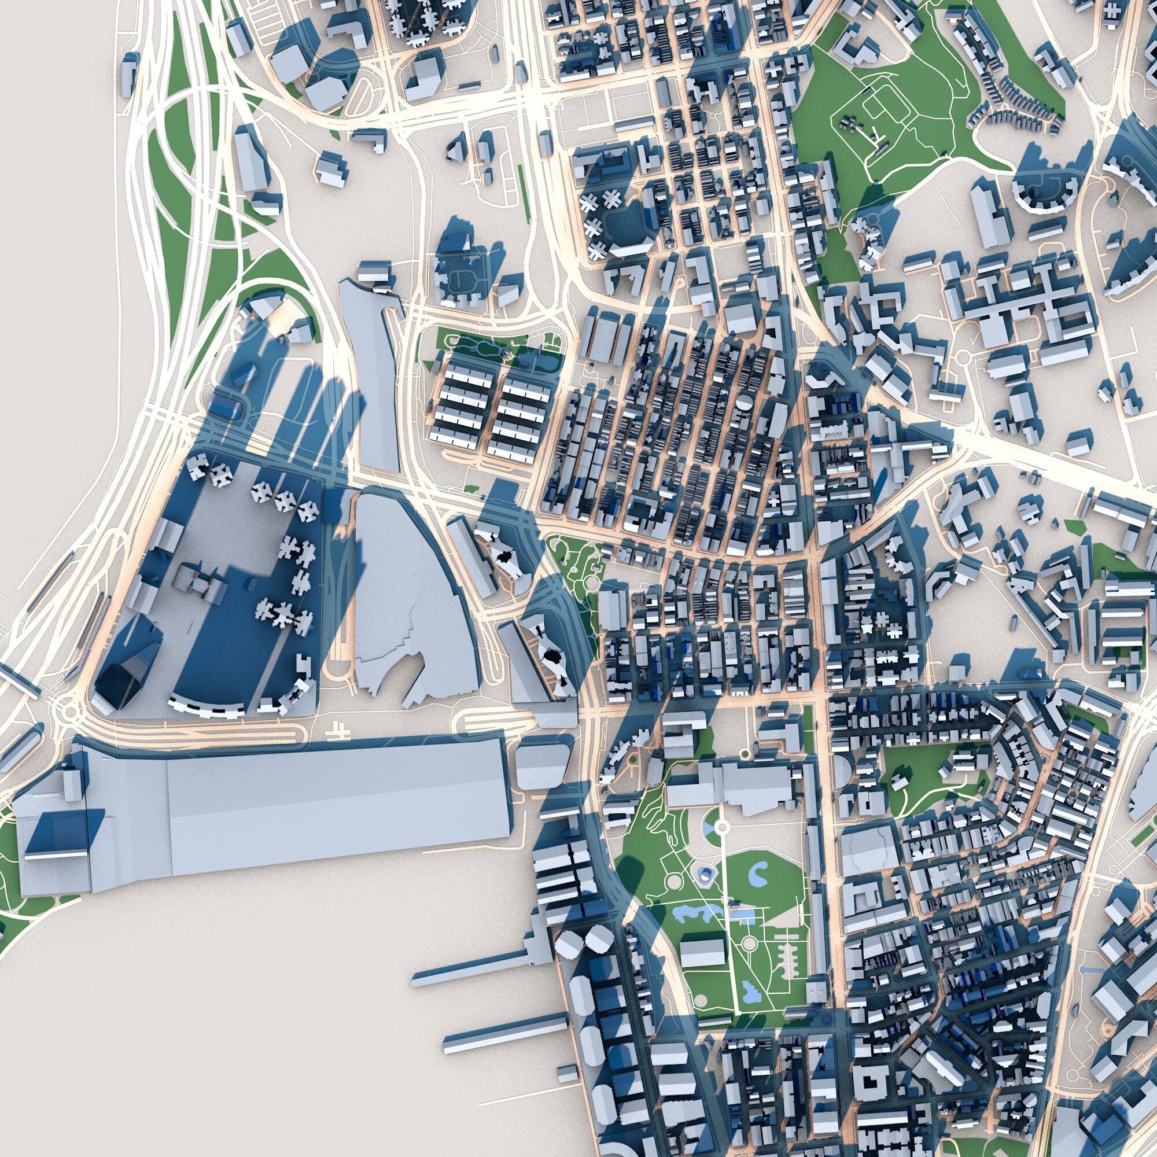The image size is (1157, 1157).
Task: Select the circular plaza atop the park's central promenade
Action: (723, 827)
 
